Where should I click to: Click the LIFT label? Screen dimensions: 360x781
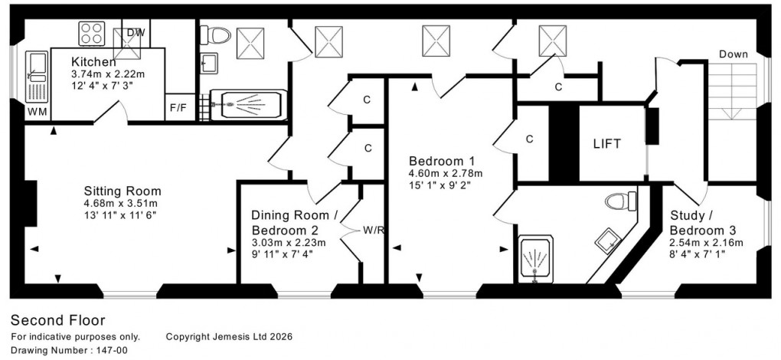[606, 143]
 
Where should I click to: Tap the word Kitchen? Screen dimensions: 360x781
[93, 61]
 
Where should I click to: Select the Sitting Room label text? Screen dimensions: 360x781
[123, 191]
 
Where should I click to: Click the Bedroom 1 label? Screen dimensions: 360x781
[442, 161]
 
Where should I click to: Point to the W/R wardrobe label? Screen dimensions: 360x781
[374, 229]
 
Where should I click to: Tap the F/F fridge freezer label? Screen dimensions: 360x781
[177, 108]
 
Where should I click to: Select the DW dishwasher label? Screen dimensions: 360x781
[136, 32]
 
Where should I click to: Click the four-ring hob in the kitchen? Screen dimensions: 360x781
[93, 33]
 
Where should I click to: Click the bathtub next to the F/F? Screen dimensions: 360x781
[249, 106]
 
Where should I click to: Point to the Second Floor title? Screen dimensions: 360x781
[57, 320]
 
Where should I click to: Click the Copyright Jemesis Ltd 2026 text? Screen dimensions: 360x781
[229, 336]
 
